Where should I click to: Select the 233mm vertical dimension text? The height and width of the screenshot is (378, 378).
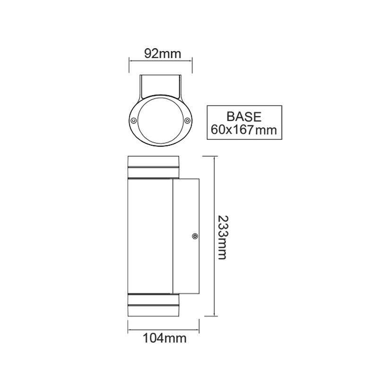coord(222,237)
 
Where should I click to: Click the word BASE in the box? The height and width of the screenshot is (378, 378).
coord(244,117)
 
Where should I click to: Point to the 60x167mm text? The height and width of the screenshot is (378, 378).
coord(244,129)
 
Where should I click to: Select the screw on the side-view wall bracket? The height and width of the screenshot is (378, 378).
coord(194,236)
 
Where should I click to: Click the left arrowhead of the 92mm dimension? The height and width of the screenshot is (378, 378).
coord(130,60)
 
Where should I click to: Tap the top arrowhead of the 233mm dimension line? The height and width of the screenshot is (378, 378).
coord(215,158)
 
